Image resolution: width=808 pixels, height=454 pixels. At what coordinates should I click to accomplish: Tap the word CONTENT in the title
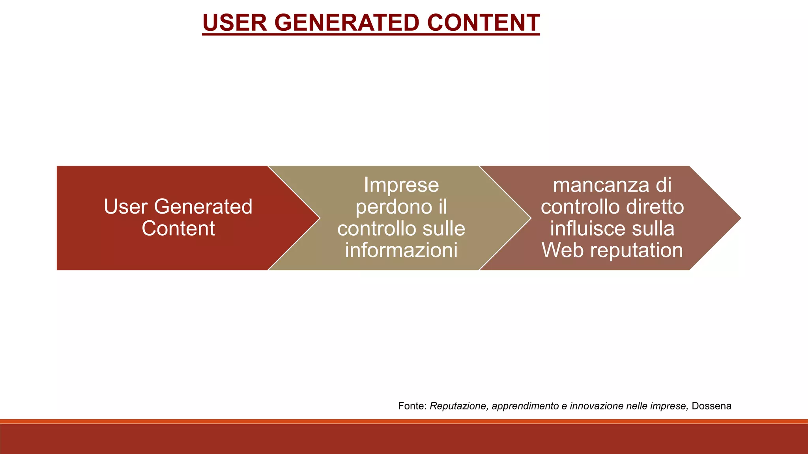[483, 22]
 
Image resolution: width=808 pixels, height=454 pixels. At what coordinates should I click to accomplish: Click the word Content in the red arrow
[178, 229]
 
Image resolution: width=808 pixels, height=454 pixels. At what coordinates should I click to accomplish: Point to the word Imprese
[401, 185]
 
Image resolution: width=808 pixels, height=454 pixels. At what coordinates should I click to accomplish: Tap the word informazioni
[401, 250]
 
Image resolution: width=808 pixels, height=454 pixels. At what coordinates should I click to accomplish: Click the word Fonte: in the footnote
[412, 406]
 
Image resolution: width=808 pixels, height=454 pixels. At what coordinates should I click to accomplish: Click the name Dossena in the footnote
[711, 406]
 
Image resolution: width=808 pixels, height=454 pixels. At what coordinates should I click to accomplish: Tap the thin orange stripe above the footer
[404, 421]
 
